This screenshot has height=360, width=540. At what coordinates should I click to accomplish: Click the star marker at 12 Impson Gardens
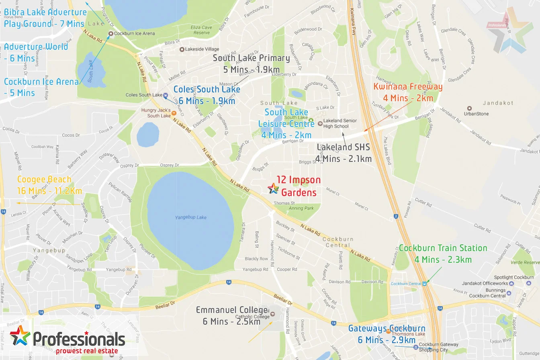tap(273, 188)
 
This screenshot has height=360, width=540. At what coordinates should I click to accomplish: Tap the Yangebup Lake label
tap(190, 217)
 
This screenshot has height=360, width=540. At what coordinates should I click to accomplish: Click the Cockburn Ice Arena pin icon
tap(111, 34)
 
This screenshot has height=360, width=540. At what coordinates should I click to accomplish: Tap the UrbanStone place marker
tap(469, 108)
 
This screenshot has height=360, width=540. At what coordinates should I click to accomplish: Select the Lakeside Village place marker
tap(182, 49)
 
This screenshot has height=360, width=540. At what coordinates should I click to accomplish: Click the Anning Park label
tap(301, 208)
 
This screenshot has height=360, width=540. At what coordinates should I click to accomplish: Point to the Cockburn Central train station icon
tap(424, 284)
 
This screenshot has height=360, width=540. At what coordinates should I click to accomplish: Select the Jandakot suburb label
tap(498, 103)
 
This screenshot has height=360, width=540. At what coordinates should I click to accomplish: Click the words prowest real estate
tap(87, 351)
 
